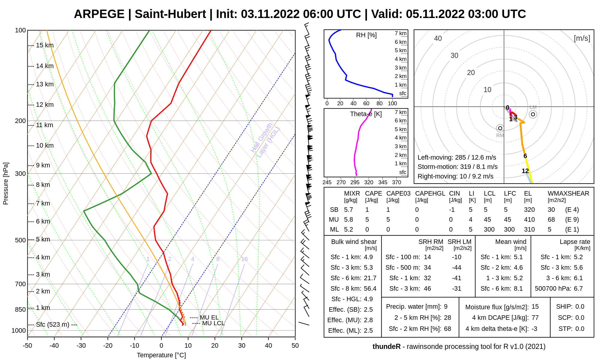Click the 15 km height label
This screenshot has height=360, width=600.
pos(45,45)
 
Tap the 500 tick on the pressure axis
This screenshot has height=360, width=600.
pos(20,240)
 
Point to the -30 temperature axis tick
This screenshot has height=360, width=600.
pos(81,346)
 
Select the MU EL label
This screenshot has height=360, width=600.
pos(209,317)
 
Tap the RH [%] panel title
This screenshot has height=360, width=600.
pos(366,35)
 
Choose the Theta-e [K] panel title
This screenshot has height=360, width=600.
pos(366,114)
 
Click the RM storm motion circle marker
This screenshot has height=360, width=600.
pos(500,128)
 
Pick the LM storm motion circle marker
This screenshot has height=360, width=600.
pos(533,114)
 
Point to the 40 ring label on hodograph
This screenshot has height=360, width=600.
pos(438,38)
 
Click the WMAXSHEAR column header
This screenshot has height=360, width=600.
pos(568,193)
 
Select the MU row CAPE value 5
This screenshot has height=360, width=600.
pos(367,220)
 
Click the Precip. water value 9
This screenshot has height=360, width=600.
pos(446,307)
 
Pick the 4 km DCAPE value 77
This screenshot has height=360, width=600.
pos(535,318)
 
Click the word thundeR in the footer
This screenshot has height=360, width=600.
pos(386,347)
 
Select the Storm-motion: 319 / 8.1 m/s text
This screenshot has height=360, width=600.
pos(457,167)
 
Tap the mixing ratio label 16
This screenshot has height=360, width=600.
pos(244,259)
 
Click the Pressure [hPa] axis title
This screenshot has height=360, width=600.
pos(6,184)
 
